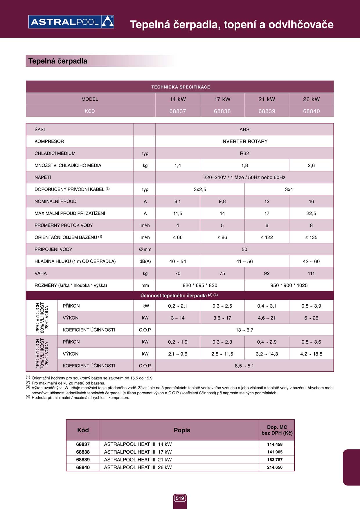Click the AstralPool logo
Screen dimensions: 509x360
point(71,22)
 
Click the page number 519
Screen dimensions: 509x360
point(180,498)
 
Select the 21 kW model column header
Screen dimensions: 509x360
point(267,99)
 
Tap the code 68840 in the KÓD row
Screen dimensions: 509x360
point(311,111)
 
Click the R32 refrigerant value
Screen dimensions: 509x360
point(244,154)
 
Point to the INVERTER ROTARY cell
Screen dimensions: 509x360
point(244,141)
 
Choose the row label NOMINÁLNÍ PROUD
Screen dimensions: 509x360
point(55,201)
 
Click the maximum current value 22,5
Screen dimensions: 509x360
point(311,214)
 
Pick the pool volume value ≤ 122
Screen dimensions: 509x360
point(267,237)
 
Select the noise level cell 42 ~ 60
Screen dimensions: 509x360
point(311,261)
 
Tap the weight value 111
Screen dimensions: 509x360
point(311,273)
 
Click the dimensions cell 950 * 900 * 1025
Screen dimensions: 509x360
point(289,286)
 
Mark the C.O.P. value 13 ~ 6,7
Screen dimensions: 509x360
point(244,330)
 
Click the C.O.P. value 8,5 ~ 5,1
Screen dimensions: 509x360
point(244,366)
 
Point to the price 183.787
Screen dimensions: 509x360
point(275,460)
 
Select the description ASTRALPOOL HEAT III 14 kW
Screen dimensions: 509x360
point(138,444)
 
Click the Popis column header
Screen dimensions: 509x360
point(182,430)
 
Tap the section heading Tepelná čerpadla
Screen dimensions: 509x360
point(58,61)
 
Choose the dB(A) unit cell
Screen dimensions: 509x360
point(145,261)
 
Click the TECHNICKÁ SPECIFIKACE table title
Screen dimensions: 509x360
point(181,87)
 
